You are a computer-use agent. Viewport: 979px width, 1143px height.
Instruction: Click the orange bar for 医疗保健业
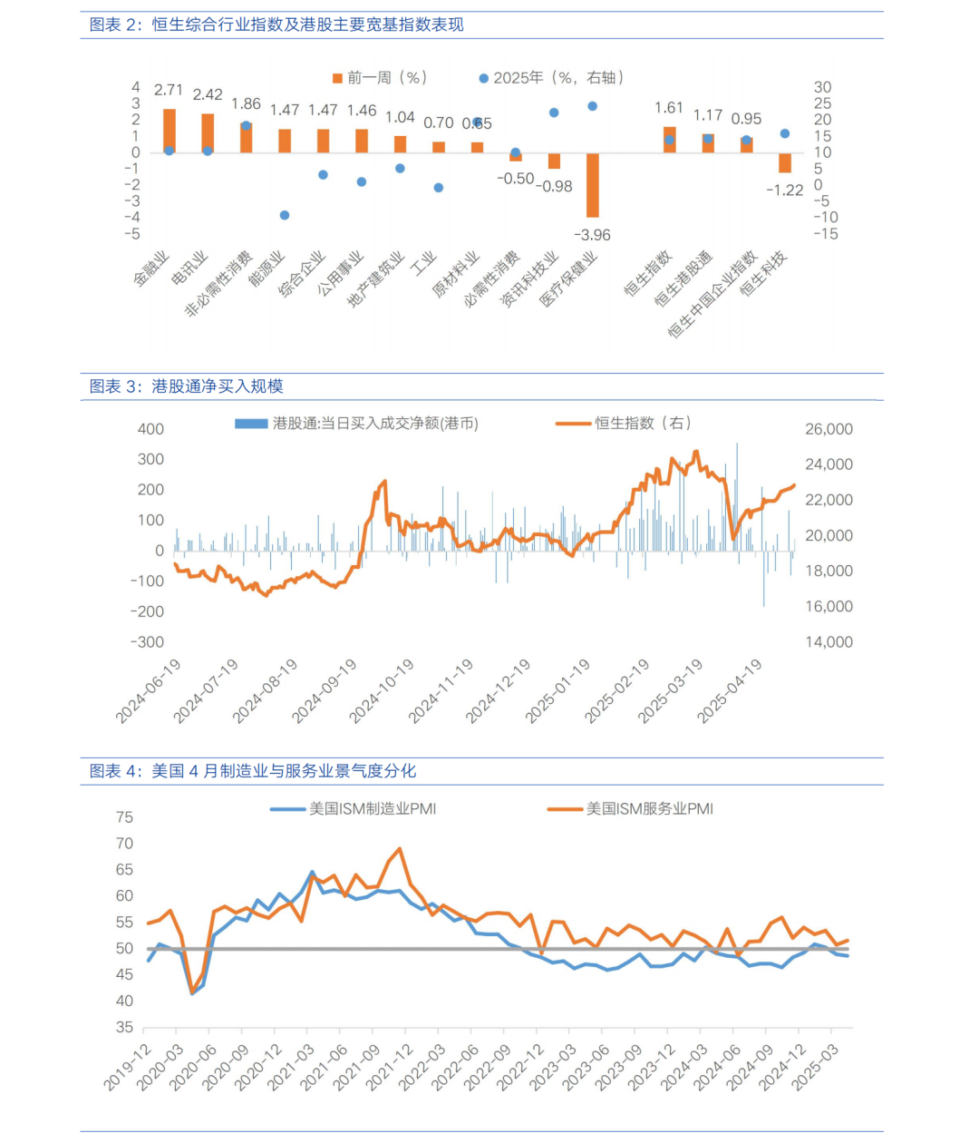point(592,185)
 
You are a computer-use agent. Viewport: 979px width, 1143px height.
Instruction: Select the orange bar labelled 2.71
point(170,131)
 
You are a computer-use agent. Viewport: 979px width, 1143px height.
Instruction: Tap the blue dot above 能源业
point(285,215)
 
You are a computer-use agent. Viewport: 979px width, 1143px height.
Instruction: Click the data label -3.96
point(592,235)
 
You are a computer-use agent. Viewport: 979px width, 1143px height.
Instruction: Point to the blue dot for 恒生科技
point(784,134)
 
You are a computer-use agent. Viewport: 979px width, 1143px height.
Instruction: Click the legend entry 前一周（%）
point(380,78)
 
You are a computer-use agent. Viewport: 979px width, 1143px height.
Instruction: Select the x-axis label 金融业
point(151,269)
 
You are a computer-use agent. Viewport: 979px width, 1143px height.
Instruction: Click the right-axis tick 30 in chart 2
point(822,87)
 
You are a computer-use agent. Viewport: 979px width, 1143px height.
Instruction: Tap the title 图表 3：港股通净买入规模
point(186,386)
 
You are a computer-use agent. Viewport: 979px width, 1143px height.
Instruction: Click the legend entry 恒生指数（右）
point(624,424)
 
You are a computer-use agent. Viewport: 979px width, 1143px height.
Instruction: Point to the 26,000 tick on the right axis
point(829,429)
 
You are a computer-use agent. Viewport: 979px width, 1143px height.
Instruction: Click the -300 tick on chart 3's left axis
point(147,642)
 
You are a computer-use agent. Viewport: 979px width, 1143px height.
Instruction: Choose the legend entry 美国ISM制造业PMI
point(354,809)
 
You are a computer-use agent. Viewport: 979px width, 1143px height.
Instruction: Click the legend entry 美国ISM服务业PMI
point(630,809)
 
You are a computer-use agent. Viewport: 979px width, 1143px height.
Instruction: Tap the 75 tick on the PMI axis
point(125,817)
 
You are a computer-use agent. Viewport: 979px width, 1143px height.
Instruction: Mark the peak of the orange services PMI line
point(400,848)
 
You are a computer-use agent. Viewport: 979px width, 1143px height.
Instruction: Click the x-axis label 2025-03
point(816,1075)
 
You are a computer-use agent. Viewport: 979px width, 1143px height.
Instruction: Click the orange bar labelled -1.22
point(784,162)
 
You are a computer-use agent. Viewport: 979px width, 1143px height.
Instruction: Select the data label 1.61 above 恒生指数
point(669,108)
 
